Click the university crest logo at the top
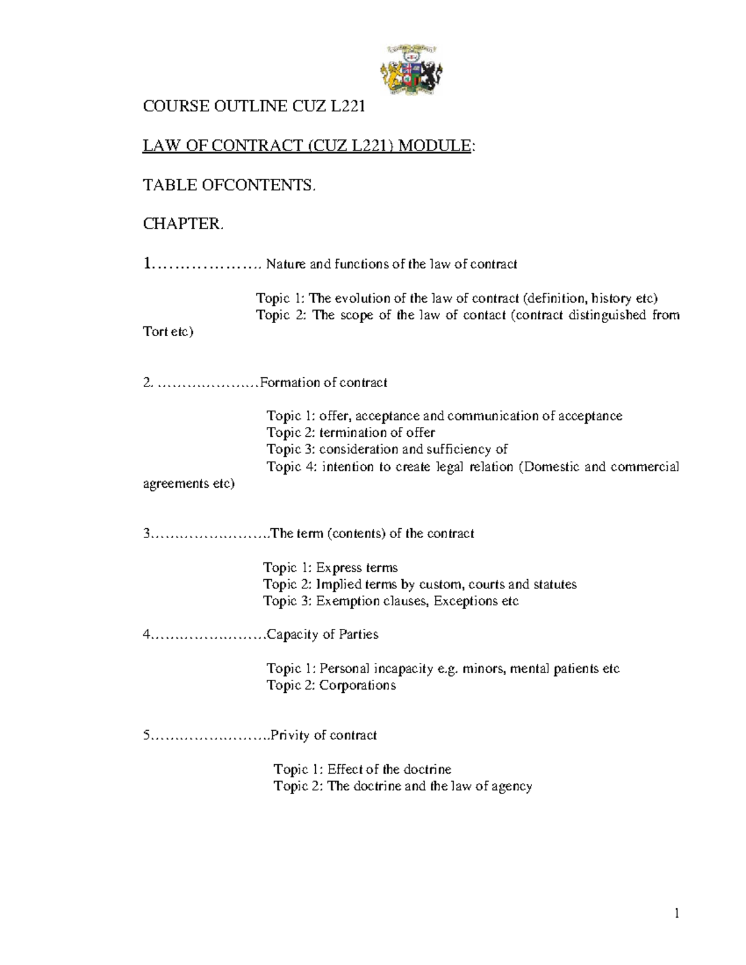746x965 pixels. click(411, 70)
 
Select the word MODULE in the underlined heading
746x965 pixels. click(435, 146)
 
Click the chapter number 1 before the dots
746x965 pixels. click(147, 264)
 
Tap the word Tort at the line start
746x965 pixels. click(155, 332)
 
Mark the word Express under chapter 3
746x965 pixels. click(338, 567)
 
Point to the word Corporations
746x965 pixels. click(357, 685)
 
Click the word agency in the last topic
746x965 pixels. click(512, 786)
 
